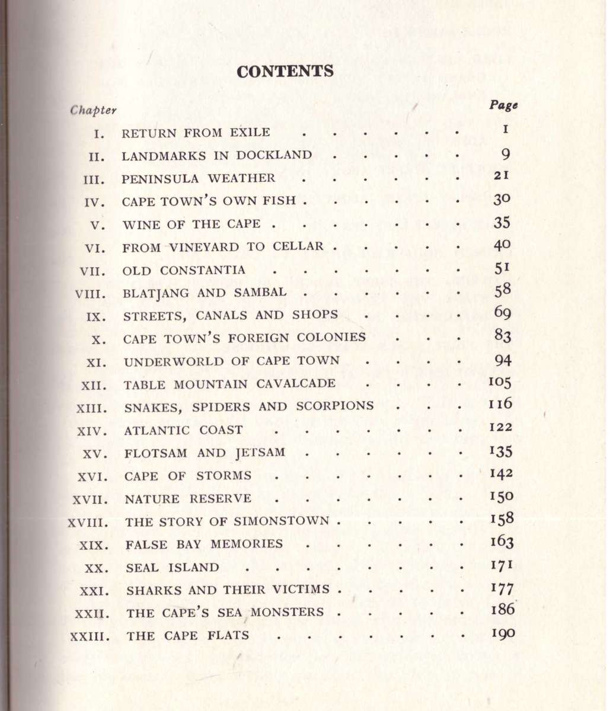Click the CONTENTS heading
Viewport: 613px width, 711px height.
(x=285, y=71)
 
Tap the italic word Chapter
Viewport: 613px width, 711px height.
(x=93, y=110)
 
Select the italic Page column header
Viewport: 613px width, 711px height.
(x=503, y=105)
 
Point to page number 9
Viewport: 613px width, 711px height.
(x=506, y=155)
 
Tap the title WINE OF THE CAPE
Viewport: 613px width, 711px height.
(x=191, y=224)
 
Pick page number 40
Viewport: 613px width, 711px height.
(x=502, y=245)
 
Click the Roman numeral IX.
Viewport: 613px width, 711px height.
(x=96, y=316)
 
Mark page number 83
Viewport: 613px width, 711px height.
(x=503, y=337)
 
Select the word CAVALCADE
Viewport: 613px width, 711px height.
(x=296, y=383)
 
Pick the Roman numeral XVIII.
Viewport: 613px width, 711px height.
(x=88, y=523)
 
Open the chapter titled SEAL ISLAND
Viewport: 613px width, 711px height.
(x=173, y=567)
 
